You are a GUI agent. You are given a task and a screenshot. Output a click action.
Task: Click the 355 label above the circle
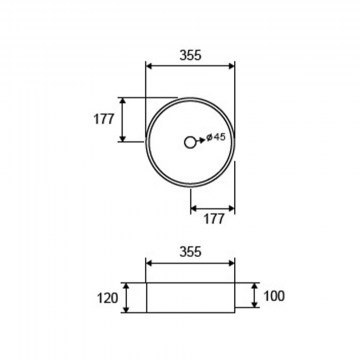(190, 55)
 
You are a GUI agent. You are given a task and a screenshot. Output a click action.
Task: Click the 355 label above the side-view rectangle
(190, 252)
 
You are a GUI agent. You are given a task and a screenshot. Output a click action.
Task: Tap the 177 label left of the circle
(104, 119)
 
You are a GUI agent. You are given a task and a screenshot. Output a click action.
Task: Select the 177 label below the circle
(214, 219)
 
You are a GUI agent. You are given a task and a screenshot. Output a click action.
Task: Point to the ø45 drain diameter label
(216, 137)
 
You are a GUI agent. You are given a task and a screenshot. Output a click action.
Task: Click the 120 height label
(108, 298)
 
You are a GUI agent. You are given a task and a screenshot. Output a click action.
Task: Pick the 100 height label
(274, 296)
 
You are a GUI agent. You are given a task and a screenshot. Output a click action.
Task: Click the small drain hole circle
(190, 142)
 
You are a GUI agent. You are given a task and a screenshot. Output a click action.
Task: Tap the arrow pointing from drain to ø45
(199, 141)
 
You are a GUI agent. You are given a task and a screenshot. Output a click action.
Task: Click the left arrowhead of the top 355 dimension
(149, 66)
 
